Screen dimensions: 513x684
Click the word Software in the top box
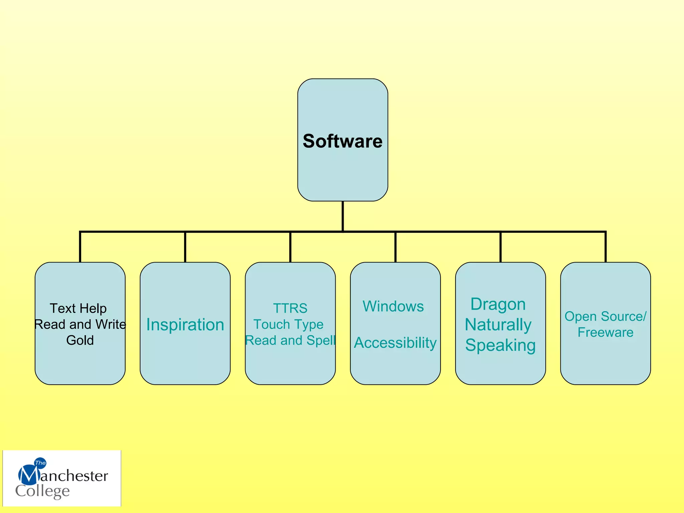point(342,141)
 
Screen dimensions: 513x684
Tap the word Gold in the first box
point(80,340)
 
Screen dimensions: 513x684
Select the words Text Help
point(78,308)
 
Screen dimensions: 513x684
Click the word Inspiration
point(185,325)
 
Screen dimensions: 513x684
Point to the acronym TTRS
point(290,308)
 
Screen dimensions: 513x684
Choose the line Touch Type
point(288,324)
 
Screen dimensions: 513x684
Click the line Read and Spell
point(290,340)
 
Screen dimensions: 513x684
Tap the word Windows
point(393,306)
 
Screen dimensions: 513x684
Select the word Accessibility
point(395,343)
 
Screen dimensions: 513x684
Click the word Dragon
point(498,304)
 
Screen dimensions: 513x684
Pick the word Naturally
point(498,325)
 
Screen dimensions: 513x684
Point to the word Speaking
point(500,345)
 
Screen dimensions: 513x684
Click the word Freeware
point(605,332)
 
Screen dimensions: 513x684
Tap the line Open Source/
point(605,316)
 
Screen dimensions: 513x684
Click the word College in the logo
point(42,491)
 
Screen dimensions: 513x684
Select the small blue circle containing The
point(40,463)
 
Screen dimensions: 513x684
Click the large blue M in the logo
point(28,475)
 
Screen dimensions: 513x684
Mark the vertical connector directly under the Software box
point(343,216)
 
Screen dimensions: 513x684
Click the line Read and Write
point(80,324)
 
